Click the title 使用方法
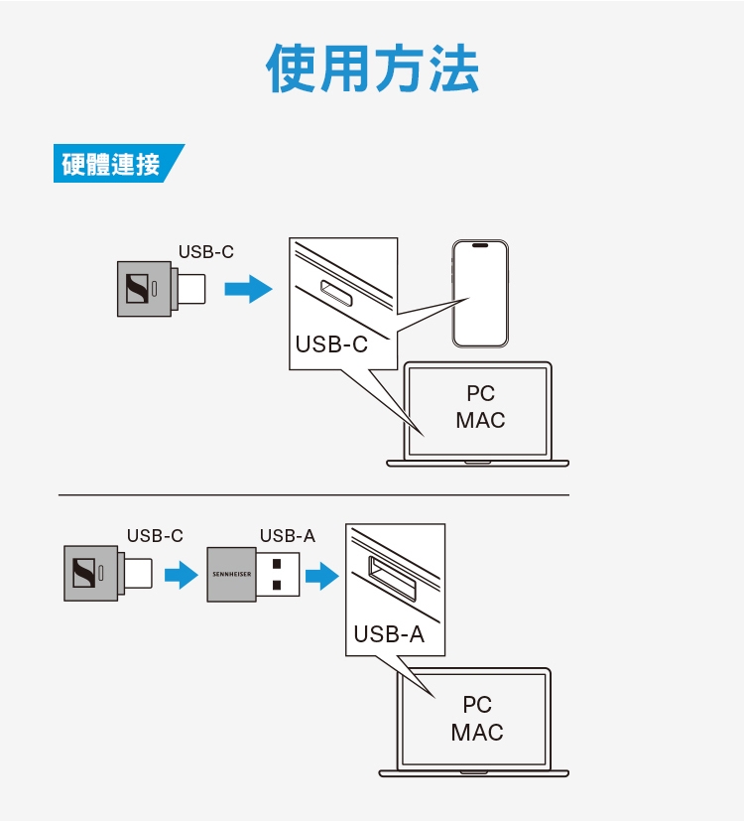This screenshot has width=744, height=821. [372, 68]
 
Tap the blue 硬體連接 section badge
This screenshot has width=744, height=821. [112, 164]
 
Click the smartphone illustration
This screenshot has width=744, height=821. [480, 293]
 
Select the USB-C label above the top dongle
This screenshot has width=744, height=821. [206, 252]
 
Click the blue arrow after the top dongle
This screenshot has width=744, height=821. [247, 290]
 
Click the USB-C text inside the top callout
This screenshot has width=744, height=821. [331, 344]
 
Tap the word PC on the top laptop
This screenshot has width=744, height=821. [480, 393]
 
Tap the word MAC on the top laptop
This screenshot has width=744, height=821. [480, 420]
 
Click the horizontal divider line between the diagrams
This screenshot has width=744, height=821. [313, 494]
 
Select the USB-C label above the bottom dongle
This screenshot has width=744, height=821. [155, 536]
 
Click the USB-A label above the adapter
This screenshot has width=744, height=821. [287, 536]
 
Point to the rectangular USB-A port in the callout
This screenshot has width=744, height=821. [392, 580]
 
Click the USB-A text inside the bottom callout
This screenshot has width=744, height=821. [389, 634]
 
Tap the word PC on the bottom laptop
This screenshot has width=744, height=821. [477, 705]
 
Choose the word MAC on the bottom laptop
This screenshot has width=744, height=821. [477, 733]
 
